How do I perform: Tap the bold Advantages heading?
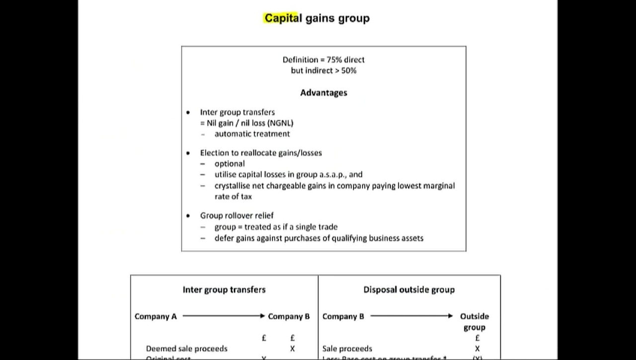click(323, 93)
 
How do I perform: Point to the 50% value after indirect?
click(349, 71)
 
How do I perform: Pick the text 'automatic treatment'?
click(252, 134)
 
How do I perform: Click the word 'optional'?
click(230, 164)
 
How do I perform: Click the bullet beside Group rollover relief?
click(188, 216)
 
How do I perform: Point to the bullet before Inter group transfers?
click(188, 112)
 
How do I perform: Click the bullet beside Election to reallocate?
click(188, 153)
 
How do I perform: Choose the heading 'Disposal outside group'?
click(409, 289)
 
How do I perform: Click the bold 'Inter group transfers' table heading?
click(224, 289)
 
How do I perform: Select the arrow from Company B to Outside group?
click(411, 316)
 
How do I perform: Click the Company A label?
click(156, 316)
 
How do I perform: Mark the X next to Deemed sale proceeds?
click(292, 349)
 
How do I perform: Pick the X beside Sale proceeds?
click(477, 349)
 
